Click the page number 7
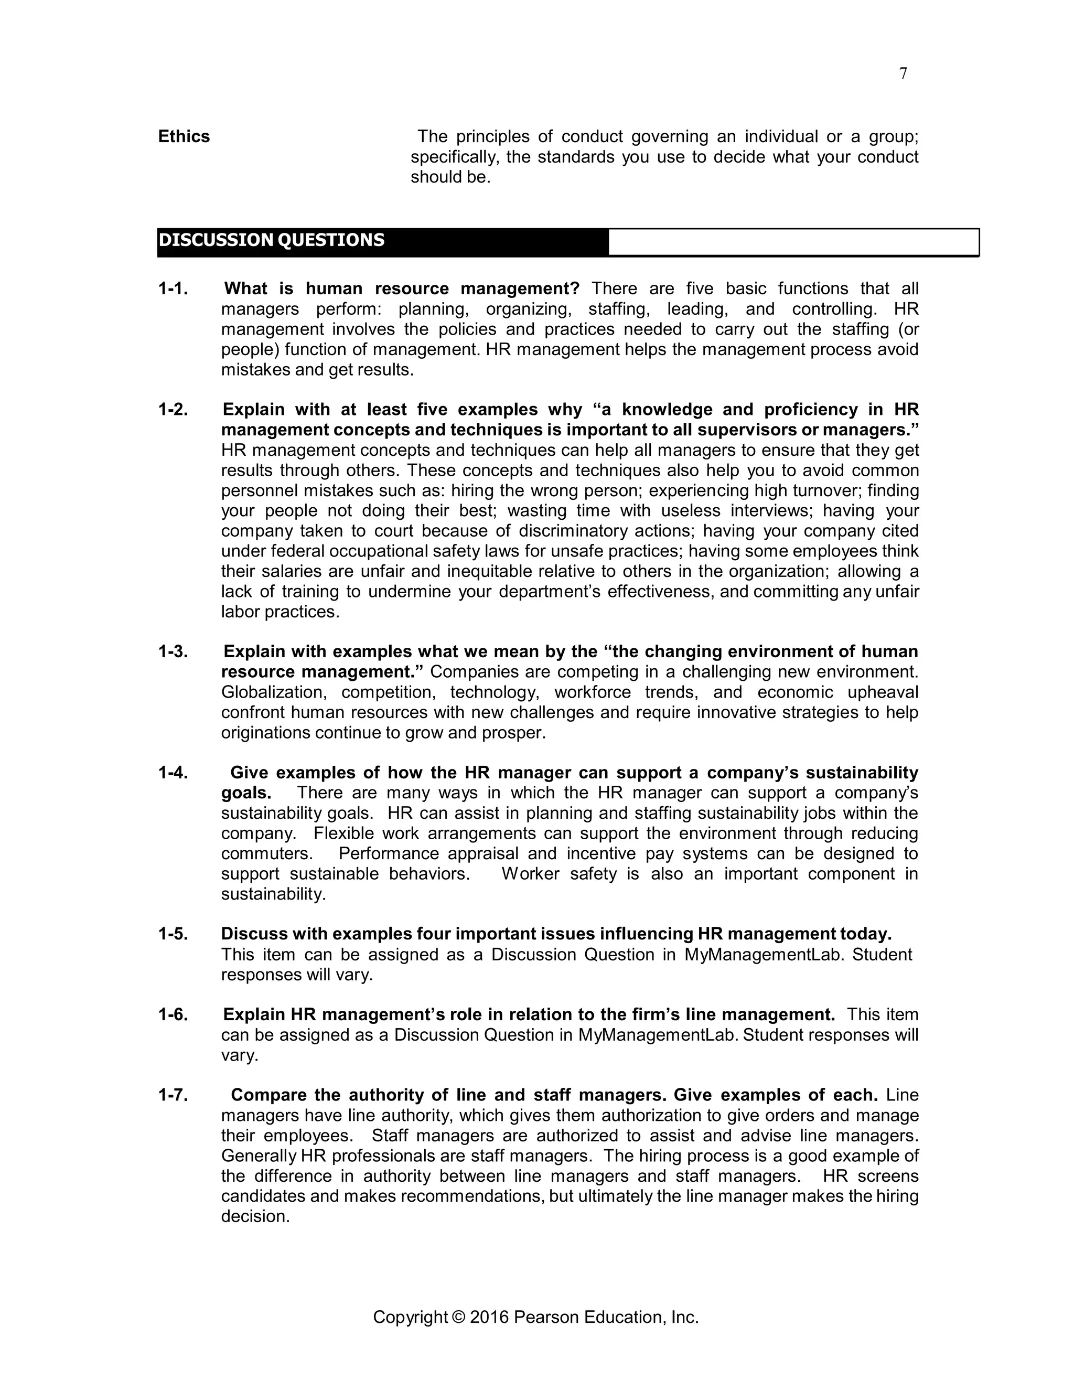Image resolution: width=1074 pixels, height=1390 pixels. pos(903,74)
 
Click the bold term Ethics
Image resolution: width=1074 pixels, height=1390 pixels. pos(184,137)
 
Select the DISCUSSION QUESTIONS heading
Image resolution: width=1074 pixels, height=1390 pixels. pos(272,241)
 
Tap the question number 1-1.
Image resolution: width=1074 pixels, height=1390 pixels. pos(173,289)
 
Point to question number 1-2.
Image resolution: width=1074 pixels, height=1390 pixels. pos(173,410)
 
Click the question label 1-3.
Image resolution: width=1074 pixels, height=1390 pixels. pos(173,651)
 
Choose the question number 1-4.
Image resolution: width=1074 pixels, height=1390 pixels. pos(173,773)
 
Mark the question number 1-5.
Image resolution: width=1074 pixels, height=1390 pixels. pos(173,934)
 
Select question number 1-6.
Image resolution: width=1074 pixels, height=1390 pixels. pos(173,1014)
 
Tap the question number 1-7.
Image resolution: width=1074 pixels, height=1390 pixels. pos(173,1095)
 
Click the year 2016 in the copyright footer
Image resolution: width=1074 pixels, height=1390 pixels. pos(489,1317)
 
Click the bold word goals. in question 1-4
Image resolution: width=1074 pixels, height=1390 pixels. pos(246,793)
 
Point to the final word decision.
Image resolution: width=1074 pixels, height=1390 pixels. pos(255,1216)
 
